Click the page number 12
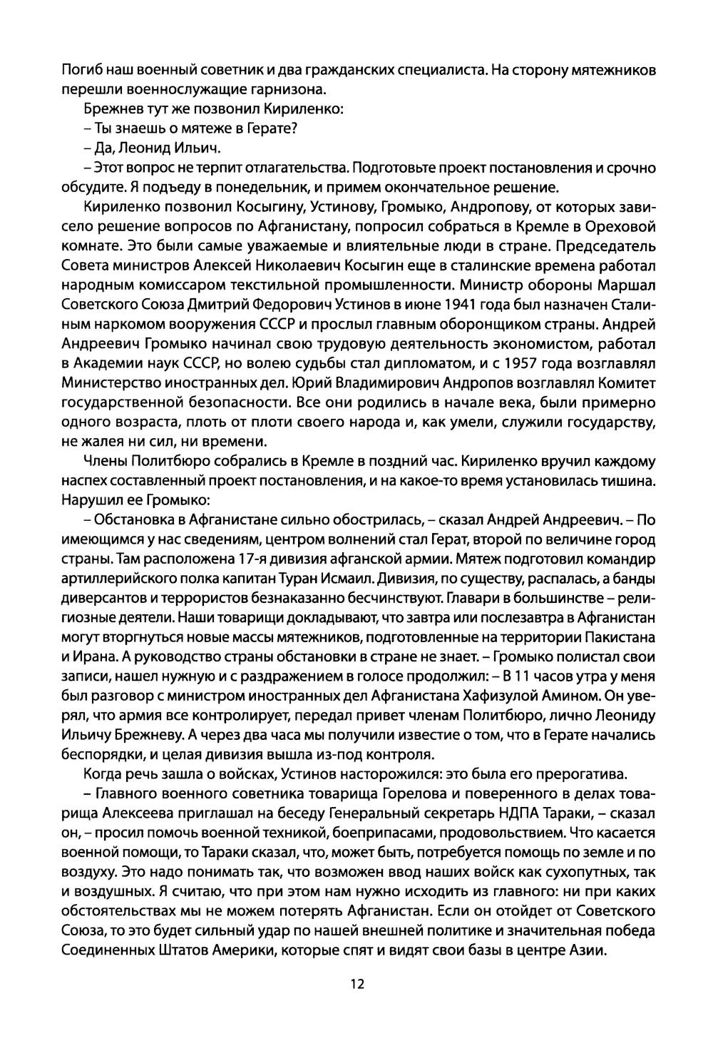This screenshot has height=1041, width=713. [x=356, y=984]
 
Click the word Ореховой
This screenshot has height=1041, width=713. [x=620, y=227]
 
